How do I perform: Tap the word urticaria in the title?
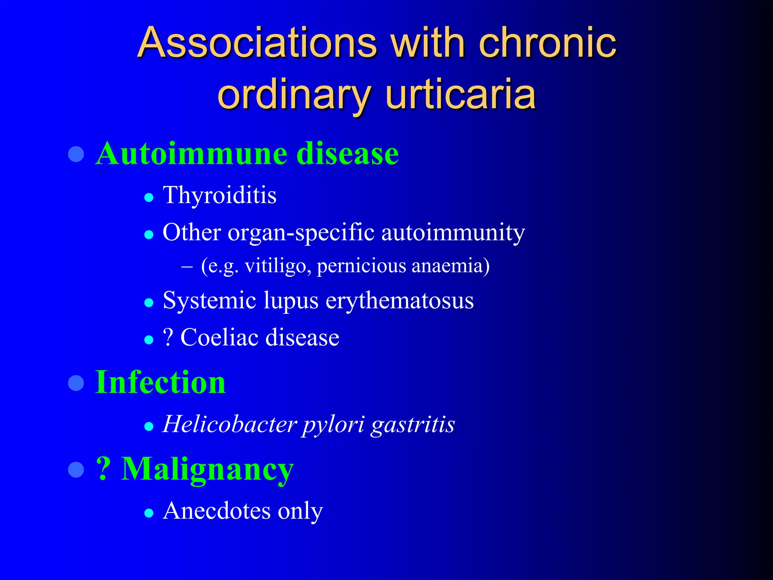[x=460, y=94]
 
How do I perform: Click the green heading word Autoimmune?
[x=192, y=154]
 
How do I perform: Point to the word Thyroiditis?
[x=220, y=196]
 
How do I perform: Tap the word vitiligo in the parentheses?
[x=278, y=266]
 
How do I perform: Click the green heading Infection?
[x=160, y=383]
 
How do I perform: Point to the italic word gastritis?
[x=413, y=424]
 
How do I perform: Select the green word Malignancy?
[x=207, y=469]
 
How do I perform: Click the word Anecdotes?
[x=217, y=511]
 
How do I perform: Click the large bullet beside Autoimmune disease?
[x=76, y=154]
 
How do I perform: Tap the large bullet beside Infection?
[x=76, y=383]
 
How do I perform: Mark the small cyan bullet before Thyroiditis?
[x=149, y=197]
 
